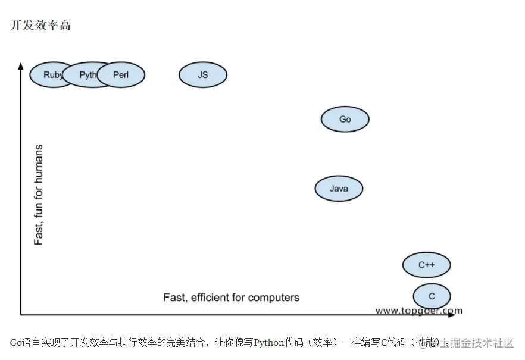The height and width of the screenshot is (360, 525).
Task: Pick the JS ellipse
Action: click(x=203, y=75)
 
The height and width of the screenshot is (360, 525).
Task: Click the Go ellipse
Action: click(x=345, y=119)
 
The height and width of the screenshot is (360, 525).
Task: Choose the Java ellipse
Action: click(x=339, y=189)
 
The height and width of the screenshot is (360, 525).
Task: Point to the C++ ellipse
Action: click(x=426, y=265)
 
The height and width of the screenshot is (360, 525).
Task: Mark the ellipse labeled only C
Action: click(x=432, y=296)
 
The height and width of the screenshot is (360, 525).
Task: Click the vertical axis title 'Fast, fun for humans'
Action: click(x=39, y=195)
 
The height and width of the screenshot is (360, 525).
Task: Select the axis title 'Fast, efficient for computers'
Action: click(x=232, y=297)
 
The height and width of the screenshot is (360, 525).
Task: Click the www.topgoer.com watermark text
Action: click(x=418, y=310)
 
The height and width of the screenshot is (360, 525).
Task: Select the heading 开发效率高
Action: click(x=40, y=26)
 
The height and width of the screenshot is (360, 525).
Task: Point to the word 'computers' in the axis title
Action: click(x=274, y=297)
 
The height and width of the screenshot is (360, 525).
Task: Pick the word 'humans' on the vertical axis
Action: click(x=39, y=161)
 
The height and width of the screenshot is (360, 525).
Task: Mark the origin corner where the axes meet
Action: click(x=21, y=314)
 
